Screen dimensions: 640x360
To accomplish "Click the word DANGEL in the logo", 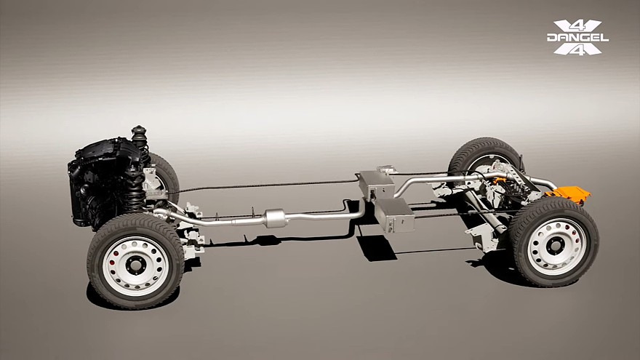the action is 577,38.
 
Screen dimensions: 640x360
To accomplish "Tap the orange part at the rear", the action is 569,194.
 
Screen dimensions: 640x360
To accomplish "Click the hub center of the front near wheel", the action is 135,265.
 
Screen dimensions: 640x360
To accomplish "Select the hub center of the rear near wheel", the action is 556,246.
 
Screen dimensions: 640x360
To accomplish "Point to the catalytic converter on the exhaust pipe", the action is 274,218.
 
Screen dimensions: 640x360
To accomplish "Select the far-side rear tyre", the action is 484,157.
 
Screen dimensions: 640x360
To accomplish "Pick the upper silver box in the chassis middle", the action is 376,185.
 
